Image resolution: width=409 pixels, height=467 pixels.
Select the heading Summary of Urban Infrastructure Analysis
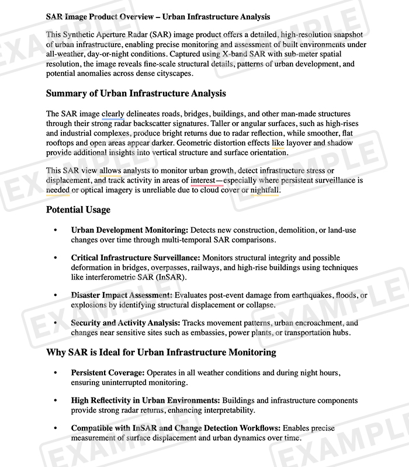click(x=136, y=93)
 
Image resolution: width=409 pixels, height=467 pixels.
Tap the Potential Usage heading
click(x=78, y=210)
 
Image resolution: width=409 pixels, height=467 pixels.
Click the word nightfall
click(x=265, y=190)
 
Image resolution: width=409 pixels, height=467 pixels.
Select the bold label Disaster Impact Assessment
click(x=122, y=295)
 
